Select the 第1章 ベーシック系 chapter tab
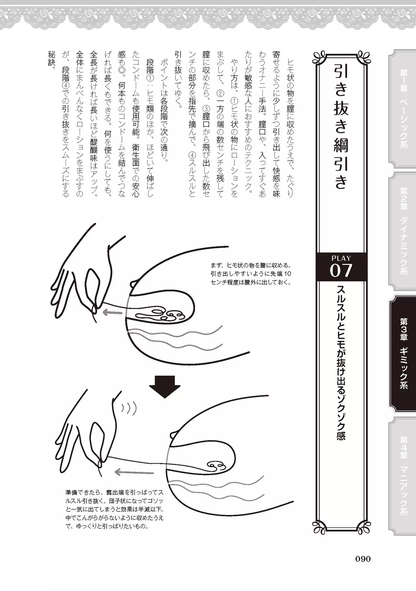pos(402,108)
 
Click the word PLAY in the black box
pos(341,258)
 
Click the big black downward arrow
pos(165,386)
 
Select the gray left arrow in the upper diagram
pos(114,312)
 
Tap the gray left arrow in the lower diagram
pos(134,472)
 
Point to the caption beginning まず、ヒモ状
pos(251,274)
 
